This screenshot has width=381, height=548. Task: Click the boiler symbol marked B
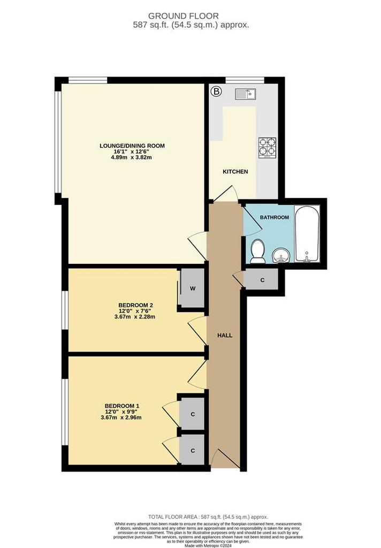coord(217,92)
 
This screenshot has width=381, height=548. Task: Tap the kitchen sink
coord(246,94)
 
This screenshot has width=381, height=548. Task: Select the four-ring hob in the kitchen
coord(268,147)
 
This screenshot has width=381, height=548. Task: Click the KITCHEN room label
coord(235,172)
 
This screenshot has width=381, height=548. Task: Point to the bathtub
coord(307,233)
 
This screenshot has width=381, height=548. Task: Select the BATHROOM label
coord(275,217)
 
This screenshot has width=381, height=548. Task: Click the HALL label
coord(225,336)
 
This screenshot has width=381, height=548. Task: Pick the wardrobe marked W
coord(192,288)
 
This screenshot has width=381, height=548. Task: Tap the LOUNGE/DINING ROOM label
coord(132,146)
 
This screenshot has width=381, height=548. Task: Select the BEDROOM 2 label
coord(135,305)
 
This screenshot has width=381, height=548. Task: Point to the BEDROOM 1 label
coord(122,406)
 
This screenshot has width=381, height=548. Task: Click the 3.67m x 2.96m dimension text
coord(121,417)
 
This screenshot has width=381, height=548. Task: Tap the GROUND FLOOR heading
coord(184,16)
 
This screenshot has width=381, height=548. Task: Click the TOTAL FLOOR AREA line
coord(208,517)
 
